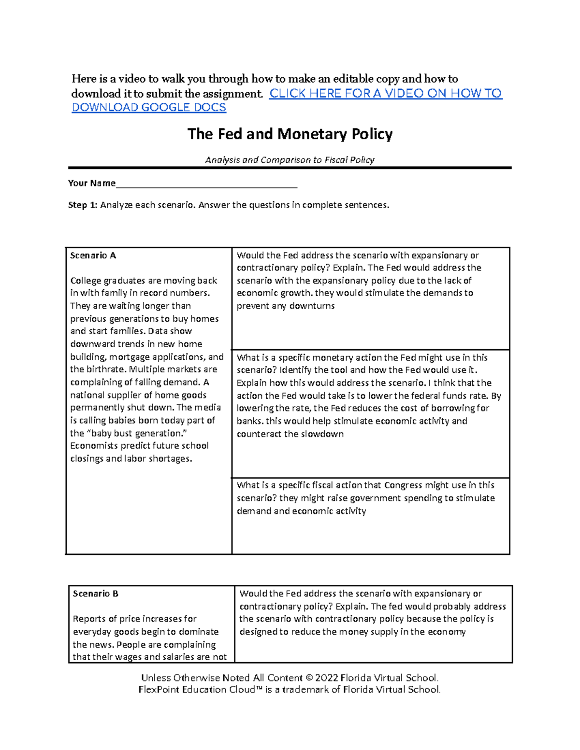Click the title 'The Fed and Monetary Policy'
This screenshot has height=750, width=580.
click(290, 134)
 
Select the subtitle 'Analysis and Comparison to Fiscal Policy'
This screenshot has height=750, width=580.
click(290, 160)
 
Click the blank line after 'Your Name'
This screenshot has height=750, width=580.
click(206, 184)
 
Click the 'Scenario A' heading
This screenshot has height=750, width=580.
click(93, 255)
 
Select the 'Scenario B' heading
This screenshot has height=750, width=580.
click(96, 594)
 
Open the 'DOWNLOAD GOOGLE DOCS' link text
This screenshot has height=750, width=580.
click(149, 108)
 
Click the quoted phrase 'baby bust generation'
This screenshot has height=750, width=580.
click(133, 433)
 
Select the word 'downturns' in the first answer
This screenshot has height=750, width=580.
click(312, 306)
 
